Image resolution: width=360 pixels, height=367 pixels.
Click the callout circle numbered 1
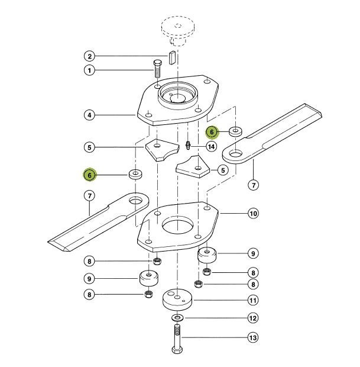[x=89, y=70]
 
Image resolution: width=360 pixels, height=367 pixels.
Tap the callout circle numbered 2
[x=89, y=56]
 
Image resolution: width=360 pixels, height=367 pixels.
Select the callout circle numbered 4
[x=89, y=115]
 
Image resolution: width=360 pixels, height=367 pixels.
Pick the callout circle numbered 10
[x=254, y=214]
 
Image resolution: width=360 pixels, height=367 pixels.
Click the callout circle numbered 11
[x=253, y=300]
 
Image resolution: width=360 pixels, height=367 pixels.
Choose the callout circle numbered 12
[x=253, y=318]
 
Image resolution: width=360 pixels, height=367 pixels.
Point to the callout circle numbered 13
[x=253, y=338]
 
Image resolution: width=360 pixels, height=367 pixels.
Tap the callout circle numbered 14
[x=211, y=147]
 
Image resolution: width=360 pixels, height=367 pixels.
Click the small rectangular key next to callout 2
[x=172, y=57]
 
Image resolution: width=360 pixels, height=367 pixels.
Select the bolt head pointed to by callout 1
[x=157, y=63]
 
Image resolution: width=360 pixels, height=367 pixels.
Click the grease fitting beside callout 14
[x=188, y=145]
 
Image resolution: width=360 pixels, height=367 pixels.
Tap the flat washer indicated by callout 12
[x=177, y=318]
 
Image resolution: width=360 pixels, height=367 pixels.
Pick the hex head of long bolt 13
[x=177, y=350]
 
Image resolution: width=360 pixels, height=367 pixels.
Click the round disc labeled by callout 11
[x=177, y=300]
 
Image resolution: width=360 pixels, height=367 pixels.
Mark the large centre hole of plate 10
[x=178, y=226]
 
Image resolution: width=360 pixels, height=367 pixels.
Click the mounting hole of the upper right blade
[x=236, y=154]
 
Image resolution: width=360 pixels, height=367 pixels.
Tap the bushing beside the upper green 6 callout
[x=235, y=131]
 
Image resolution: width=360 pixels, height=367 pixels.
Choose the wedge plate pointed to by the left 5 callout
[x=161, y=150]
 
